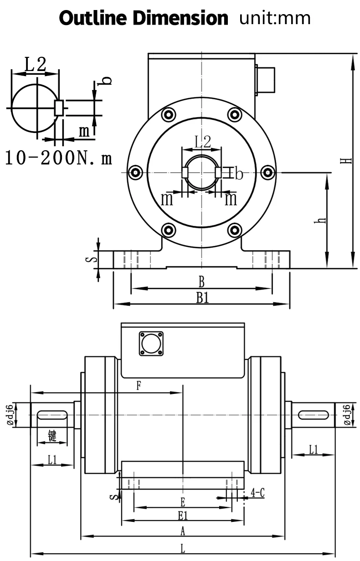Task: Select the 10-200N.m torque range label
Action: point(58,158)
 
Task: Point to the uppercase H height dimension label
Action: point(348,160)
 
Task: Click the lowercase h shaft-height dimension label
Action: point(322,220)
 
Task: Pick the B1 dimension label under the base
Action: point(202,298)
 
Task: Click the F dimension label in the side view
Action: point(139,386)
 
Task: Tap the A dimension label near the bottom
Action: point(183,530)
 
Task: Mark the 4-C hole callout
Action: point(258,493)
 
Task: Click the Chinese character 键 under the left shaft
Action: point(52,436)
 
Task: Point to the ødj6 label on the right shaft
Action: point(347,415)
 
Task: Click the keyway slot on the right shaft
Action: point(314,415)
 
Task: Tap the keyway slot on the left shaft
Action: point(52,415)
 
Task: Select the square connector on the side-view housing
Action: point(151,343)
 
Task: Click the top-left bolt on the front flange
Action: point(168,115)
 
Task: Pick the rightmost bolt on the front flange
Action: point(269,172)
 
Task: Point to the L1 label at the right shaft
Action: point(314,450)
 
